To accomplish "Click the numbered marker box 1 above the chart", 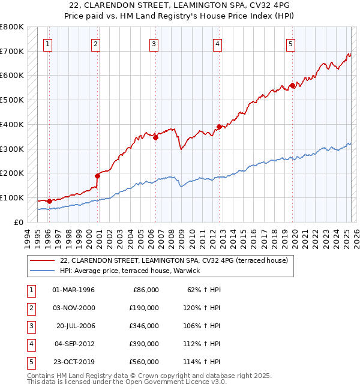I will [47, 43].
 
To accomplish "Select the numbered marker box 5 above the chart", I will [290, 43].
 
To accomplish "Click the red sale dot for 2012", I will [219, 127].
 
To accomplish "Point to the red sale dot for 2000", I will [97, 176].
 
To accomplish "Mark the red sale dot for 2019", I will [293, 86].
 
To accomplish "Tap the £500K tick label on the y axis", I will [12, 100].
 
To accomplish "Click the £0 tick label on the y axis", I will [19, 222].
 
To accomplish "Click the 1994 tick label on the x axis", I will [27, 238].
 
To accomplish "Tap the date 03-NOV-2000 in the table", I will [74, 308].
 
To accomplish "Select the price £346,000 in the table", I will [144, 326].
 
